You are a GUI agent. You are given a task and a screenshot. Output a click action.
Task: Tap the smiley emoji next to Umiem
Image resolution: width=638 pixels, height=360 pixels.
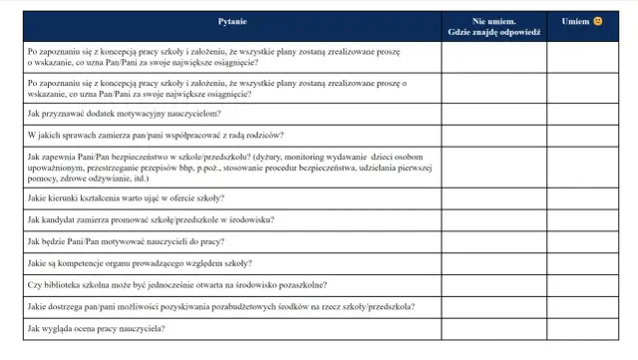coord(598,21)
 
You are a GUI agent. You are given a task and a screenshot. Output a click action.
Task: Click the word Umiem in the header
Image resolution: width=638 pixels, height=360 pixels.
coord(575,21)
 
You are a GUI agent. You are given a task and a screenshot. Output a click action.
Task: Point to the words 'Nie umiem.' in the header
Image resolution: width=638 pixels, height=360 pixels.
coord(493,20)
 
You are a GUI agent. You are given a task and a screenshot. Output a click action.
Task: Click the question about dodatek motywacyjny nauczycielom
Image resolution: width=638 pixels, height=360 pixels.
coord(118,114)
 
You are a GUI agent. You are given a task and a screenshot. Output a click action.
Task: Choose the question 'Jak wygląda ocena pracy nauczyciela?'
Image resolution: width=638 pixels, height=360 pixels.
coord(97,328)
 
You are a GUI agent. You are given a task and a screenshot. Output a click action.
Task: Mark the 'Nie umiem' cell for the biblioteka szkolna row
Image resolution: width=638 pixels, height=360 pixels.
coord(493,283)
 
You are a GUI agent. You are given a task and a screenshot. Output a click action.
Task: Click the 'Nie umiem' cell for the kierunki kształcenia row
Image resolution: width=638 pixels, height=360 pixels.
coord(493,198)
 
